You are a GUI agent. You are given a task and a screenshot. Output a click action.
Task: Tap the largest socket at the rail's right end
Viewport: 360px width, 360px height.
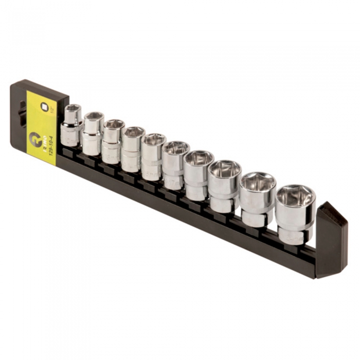coord(295,213)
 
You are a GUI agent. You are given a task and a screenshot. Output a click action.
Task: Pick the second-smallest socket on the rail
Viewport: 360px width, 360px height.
coord(93,133)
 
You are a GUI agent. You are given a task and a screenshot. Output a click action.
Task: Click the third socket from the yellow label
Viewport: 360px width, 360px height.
coord(112,141)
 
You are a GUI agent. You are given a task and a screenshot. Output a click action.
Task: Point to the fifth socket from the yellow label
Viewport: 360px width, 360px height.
coord(153,156)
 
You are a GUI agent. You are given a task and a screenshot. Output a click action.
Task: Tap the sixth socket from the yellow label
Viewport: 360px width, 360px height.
coord(175,165)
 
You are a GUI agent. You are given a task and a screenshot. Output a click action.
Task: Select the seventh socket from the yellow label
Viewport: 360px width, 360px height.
coord(198,175)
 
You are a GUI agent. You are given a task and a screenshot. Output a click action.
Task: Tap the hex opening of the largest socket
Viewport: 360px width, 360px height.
coord(295,194)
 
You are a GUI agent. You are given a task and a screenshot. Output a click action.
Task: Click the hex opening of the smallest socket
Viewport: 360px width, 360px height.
coord(73,109)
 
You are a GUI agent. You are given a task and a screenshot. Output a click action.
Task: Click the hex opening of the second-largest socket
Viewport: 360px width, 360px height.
coord(258,181)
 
